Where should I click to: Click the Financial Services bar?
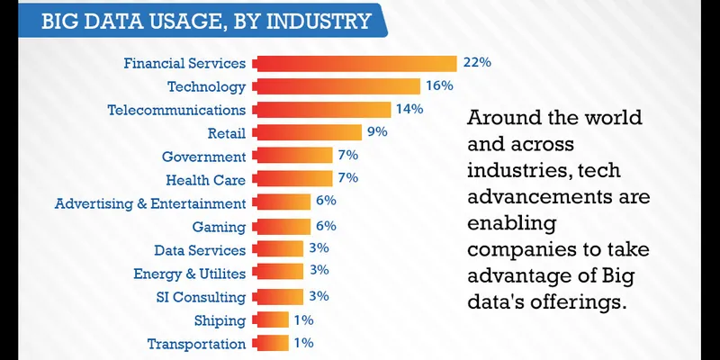356,63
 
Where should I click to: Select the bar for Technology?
337,86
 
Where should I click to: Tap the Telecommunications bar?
322,110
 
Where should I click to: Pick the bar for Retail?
307,133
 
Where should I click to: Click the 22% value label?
476,63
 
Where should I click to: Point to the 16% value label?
438,86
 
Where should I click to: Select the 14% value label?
408,110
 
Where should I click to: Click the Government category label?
203,157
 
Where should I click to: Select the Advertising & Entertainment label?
150,203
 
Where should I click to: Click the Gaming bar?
283,227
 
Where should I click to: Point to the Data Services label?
200,250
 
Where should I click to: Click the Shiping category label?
219,320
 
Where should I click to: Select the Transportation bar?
271,344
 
